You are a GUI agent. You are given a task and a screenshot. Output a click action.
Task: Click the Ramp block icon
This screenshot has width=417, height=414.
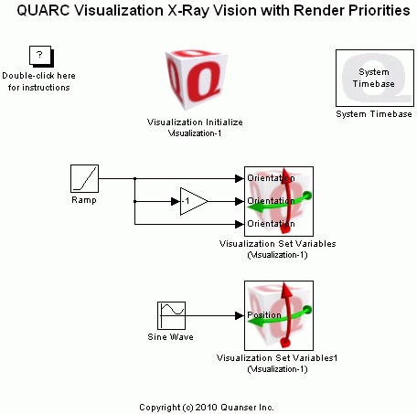point(84,178)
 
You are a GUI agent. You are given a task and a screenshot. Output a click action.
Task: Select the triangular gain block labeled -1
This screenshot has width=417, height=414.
point(193,201)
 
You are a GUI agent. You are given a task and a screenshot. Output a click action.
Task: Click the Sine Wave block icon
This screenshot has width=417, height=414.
point(171,315)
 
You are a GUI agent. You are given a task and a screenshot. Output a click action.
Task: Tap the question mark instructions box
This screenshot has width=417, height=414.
point(38,57)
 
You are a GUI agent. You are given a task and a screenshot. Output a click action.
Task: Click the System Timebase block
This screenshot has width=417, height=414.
point(373,78)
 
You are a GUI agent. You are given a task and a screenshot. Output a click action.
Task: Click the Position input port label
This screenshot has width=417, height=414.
point(264,315)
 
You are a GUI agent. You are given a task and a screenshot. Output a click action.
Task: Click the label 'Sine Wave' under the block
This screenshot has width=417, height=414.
point(170,337)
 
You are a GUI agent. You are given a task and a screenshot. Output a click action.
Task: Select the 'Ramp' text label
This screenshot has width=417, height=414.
point(83,199)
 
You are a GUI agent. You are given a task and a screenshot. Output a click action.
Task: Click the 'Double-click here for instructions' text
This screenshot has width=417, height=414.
point(39,81)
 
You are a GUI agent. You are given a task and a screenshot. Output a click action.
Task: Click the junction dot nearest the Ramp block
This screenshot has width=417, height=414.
point(135,178)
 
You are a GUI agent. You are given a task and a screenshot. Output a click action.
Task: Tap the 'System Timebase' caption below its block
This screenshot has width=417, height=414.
point(373,114)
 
